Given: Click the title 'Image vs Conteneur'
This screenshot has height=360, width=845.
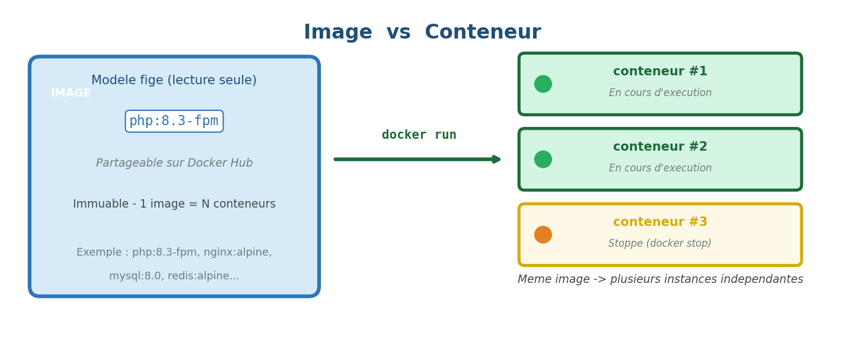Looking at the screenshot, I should tap(422, 33).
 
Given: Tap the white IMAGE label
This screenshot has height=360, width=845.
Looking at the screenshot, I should tap(71, 94).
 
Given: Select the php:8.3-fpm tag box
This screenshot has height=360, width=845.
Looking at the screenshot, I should tap(174, 122).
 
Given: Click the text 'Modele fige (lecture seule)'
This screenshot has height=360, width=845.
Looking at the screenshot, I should tap(174, 81).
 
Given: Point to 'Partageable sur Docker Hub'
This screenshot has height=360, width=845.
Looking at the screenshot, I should tap(174, 163).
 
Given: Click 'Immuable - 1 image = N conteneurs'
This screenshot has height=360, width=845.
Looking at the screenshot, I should tap(174, 204).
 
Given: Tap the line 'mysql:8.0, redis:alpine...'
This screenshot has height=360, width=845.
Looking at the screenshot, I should tap(174, 276).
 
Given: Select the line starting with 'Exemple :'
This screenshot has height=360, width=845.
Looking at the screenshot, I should tap(174, 253).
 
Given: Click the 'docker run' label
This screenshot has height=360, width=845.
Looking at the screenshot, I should tap(419, 135).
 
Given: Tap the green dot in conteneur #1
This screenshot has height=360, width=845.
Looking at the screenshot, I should tap(543, 84).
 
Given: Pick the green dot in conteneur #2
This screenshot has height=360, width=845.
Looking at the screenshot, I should tap(543, 160).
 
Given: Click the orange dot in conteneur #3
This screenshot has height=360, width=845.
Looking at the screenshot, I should tap(543, 235).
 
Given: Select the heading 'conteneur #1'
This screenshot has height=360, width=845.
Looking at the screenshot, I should tap(660, 72).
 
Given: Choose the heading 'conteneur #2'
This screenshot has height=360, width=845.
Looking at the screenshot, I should tap(660, 147).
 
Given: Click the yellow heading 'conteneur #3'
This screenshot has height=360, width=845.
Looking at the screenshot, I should tap(660, 222).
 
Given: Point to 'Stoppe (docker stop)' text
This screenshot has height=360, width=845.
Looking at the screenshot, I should tap(659, 244).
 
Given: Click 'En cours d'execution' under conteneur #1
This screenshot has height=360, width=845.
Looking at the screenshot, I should tap(660, 93).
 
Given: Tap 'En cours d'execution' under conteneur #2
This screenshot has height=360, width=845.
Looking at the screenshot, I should tap(660, 168).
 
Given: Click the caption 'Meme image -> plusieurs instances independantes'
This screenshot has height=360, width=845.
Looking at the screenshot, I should tap(660, 279).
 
